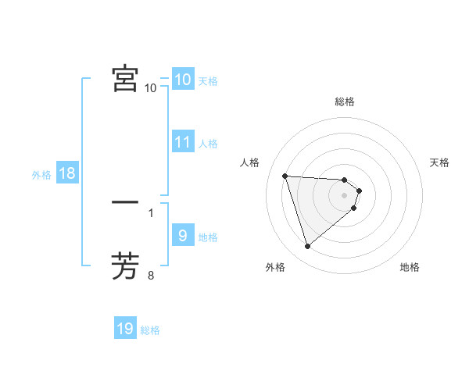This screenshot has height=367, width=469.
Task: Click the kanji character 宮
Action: pyautogui.click(x=125, y=79)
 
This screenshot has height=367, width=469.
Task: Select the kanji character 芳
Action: pyautogui.click(x=125, y=265)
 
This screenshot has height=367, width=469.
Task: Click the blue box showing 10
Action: pyautogui.click(x=182, y=80)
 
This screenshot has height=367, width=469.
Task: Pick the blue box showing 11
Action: pyautogui.click(x=182, y=142)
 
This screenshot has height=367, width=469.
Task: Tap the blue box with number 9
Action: pyautogui.click(x=182, y=236)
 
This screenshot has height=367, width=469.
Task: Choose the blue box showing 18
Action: pyautogui.click(x=67, y=173)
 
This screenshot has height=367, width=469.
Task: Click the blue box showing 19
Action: pyautogui.click(x=125, y=329)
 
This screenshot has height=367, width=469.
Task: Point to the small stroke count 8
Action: pyautogui.click(x=151, y=275)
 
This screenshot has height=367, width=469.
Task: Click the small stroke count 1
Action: pyautogui.click(x=151, y=212)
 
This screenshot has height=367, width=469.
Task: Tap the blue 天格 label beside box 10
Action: pyautogui.click(x=208, y=80)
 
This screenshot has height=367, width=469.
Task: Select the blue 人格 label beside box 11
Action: pyautogui.click(x=208, y=144)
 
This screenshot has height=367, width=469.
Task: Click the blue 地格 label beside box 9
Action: pyautogui.click(x=208, y=237)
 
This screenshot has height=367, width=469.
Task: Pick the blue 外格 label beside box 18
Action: pyautogui.click(x=41, y=175)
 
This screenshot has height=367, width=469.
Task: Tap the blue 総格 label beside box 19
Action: pyautogui.click(x=150, y=330)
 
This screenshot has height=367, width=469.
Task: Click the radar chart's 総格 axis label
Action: pyautogui.click(x=345, y=102)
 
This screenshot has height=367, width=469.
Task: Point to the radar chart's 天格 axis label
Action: pyautogui.click(x=439, y=162)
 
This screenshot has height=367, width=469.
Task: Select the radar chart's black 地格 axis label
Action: pyautogui.click(x=410, y=268)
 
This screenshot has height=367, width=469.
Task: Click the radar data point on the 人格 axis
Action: pyautogui.click(x=285, y=176)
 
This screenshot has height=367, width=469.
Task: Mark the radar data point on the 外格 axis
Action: pyautogui.click(x=308, y=247)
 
